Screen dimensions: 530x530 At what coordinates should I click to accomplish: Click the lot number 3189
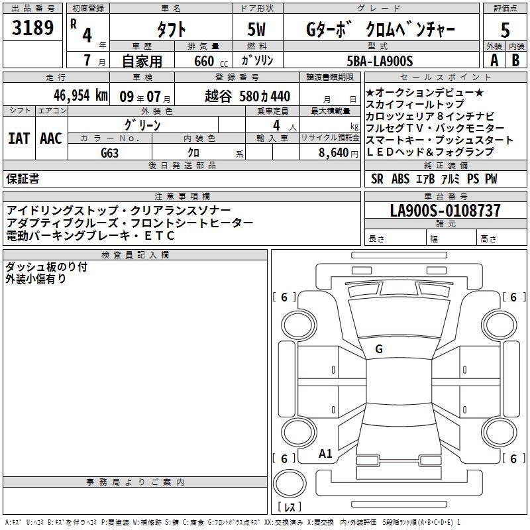pos(32,28)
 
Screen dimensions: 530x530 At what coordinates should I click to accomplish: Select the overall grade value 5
pos(505,30)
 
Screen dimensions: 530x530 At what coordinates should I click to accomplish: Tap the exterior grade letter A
pos(494,60)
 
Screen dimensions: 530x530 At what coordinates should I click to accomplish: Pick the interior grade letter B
pos(515,60)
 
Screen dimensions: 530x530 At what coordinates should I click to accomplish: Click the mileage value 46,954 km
pos(81,95)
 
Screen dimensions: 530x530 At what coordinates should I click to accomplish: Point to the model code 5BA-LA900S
pos(380,61)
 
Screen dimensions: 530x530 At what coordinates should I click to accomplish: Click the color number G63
pos(110,153)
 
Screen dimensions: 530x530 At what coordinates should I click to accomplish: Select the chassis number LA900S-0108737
pos(445,210)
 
